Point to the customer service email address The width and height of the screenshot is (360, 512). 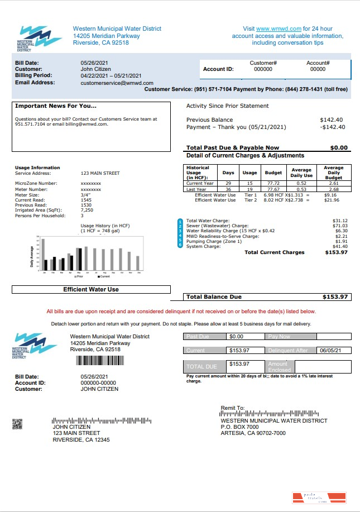coord(117,83)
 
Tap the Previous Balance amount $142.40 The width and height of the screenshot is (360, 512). coord(331,119)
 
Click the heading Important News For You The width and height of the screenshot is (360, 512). coord(56,106)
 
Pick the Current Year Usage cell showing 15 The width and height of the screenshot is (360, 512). coord(249,183)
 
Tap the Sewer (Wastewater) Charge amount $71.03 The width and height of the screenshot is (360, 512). coord(340,226)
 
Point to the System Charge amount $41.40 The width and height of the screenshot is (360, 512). coord(340,246)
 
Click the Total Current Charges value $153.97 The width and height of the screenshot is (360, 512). coord(336,252)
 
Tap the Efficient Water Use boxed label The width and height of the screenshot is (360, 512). coord(91,289)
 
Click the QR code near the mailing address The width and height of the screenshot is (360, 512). coord(17,424)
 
